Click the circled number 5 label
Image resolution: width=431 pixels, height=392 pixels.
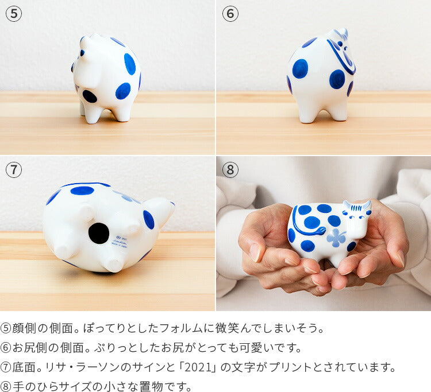pos(14,14)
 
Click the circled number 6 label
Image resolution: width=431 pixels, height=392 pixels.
pos(230,14)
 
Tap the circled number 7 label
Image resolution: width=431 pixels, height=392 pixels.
pos(14,169)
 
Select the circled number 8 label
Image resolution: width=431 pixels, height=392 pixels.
pos(230,169)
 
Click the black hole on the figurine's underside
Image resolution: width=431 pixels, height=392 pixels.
pos(99,233)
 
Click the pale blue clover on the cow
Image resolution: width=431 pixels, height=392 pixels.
pos(336,238)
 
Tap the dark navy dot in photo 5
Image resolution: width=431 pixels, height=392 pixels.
pos(90,96)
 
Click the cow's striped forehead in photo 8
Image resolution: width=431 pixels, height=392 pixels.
pos(356,208)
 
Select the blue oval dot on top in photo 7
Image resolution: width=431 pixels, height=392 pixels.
pos(82,191)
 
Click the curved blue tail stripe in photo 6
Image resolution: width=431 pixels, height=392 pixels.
pos(341,57)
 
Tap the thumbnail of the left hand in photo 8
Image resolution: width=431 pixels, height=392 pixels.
pos(254,253)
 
